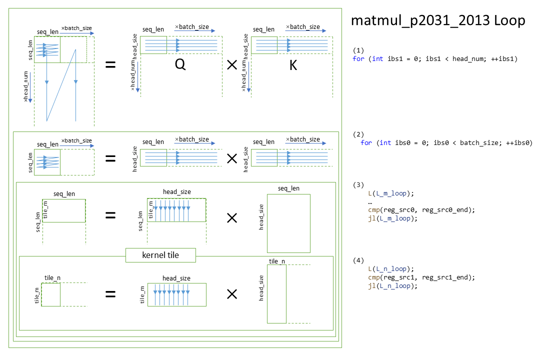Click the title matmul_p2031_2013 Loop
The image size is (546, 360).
click(438, 20)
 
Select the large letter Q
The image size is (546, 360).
click(180, 65)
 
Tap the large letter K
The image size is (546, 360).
click(293, 65)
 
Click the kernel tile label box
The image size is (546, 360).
click(160, 255)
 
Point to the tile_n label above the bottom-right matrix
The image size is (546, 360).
click(277, 261)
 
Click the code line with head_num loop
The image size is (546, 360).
click(435, 59)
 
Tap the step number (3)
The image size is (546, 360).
click(358, 184)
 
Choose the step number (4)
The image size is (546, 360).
click(358, 260)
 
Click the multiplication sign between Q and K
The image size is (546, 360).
click(232, 65)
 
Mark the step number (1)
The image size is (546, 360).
click(358, 50)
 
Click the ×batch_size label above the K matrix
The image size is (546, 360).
click(302, 26)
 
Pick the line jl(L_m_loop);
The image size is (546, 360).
click(392, 218)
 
